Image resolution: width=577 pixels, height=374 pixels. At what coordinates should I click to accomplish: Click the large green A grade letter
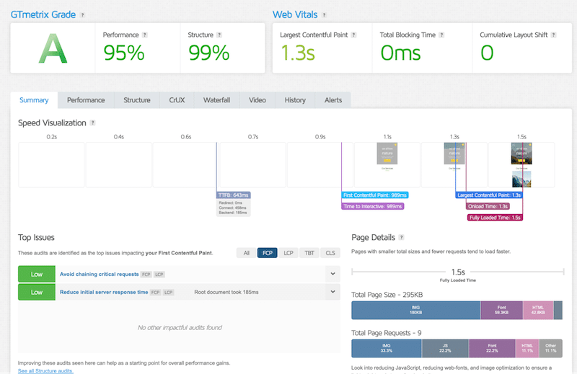coord(52,48)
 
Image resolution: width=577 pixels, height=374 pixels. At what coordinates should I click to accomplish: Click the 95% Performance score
coord(123,53)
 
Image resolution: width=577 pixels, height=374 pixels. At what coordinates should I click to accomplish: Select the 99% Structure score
coord(209,53)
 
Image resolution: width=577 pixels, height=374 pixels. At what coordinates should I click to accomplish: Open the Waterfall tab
coord(216,100)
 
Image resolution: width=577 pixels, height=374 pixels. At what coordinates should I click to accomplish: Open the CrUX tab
coord(177,100)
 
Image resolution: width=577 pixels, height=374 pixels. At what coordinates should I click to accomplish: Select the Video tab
coord(257,100)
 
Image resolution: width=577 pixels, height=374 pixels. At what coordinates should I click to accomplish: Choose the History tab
coord(295,100)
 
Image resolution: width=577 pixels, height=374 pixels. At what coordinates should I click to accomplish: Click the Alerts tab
coord(332,100)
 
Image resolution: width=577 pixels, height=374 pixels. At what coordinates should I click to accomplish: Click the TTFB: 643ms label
coord(234,195)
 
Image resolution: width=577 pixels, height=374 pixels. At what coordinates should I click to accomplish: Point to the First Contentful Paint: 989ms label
coord(375,195)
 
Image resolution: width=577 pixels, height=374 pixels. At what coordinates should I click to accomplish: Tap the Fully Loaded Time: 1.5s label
coord(495,217)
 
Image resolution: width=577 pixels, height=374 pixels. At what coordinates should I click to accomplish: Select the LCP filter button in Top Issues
coord(288,253)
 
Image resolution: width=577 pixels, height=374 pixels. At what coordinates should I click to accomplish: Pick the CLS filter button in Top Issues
coord(330,253)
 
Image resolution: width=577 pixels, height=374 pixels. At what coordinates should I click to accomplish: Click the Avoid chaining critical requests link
coord(99,274)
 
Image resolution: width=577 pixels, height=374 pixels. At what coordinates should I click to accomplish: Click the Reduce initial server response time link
coord(103,292)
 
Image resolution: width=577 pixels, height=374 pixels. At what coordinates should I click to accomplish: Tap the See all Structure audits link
coord(45,370)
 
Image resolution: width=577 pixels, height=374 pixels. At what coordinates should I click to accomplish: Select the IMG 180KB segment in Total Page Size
coord(415,310)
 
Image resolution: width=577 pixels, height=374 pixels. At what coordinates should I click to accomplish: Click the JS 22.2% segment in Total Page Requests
coord(445,349)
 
